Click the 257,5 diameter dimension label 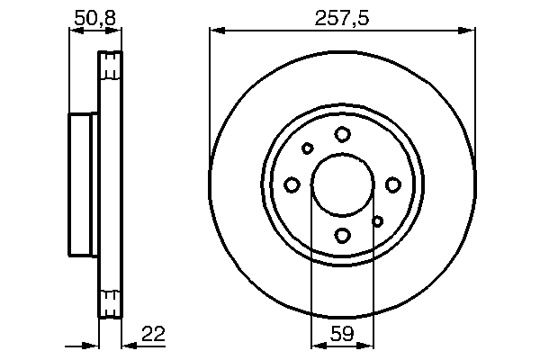343,16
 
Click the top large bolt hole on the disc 342,134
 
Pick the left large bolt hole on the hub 292,184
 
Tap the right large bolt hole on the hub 393,184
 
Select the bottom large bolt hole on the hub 342,236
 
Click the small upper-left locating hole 307,148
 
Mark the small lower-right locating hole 378,220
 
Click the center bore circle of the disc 342,184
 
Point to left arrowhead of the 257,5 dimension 216,31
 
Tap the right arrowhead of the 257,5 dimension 469,31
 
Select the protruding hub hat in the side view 83,184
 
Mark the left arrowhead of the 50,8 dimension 75,31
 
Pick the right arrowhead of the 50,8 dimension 116,31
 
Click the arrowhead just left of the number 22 128,344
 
